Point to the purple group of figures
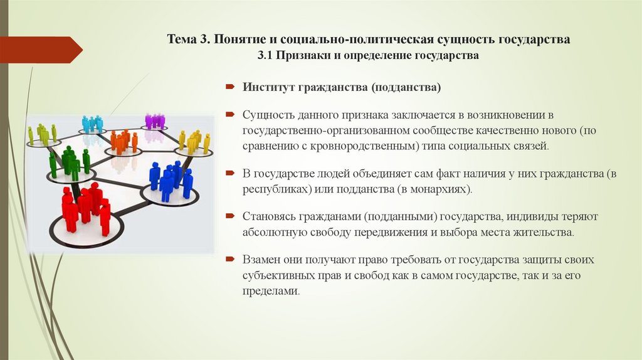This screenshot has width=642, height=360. click(x=154, y=120)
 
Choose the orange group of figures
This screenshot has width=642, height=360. click(x=123, y=142)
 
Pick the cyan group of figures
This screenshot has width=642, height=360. click(x=92, y=124)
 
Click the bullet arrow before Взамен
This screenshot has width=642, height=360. click(x=230, y=260)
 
